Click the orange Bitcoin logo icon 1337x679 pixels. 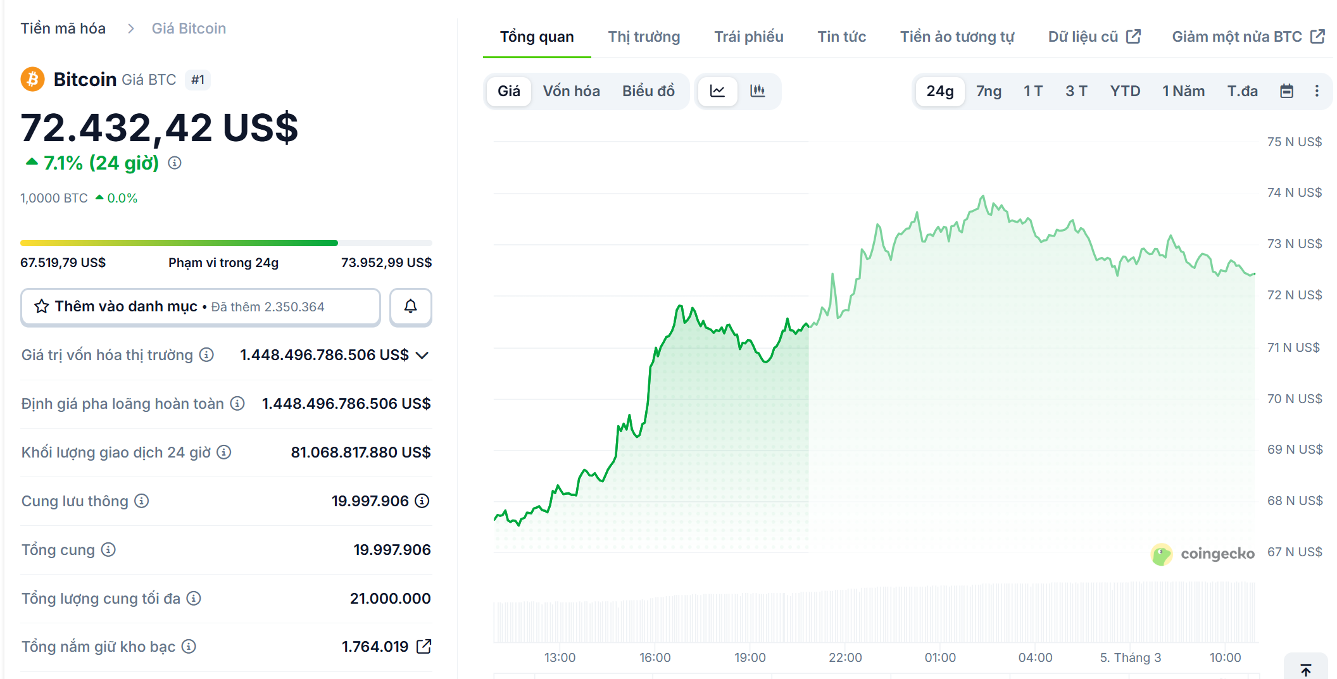point(32,80)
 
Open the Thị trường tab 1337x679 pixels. point(644,37)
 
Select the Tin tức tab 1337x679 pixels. point(841,37)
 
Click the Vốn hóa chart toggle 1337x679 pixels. point(571,91)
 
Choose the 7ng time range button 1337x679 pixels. point(988,91)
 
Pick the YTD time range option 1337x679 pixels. point(1124,91)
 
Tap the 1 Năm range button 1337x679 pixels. point(1183,91)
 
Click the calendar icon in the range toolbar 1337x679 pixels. point(1286,91)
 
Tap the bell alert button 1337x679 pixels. point(410,307)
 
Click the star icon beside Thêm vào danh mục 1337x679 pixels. point(42,307)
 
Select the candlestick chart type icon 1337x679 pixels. point(757,91)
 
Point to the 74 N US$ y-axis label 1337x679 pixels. point(1294,192)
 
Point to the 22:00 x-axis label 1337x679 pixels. point(845,657)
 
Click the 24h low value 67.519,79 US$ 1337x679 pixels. point(63,263)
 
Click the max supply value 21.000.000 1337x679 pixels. point(390,599)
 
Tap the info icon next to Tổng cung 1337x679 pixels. point(108,550)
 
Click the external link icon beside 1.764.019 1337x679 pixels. point(424,647)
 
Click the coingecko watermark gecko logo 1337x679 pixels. point(1161,554)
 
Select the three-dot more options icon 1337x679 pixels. point(1317,91)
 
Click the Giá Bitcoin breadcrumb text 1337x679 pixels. point(189,28)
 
